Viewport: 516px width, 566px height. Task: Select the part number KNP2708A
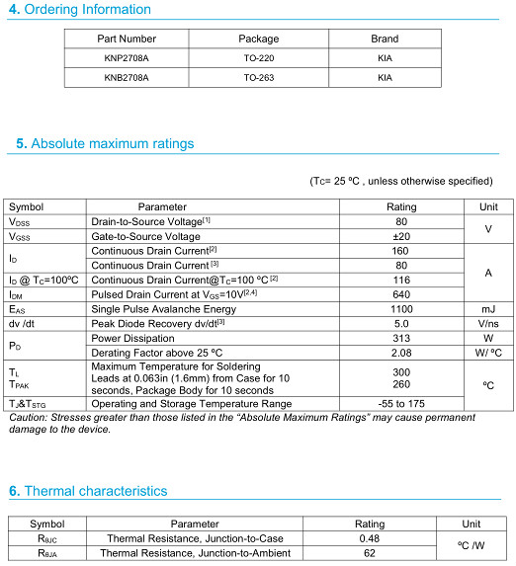127,58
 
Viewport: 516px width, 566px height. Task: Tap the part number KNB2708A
127,77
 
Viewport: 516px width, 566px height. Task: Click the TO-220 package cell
259,58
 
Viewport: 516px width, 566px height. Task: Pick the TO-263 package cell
259,77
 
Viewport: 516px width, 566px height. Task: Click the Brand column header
385,40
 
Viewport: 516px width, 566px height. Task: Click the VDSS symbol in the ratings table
20,222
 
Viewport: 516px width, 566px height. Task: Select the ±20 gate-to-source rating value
401,237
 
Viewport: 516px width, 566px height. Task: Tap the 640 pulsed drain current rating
401,294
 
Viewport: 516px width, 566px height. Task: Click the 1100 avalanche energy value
401,309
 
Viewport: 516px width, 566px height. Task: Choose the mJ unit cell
488,309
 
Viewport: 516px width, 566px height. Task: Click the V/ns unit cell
488,323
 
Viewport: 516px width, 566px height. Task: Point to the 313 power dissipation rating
401,338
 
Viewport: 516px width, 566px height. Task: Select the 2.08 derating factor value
401,352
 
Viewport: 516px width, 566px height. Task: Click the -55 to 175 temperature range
401,404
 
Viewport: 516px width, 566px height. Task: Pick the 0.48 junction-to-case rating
370,539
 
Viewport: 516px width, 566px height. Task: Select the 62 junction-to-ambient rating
370,554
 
